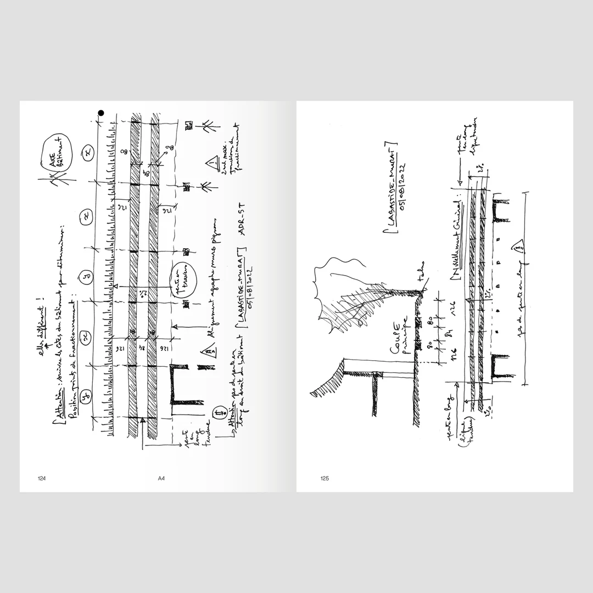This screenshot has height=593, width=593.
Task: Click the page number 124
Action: pyautogui.click(x=41, y=478)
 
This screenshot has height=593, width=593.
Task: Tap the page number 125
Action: pyautogui.click(x=325, y=478)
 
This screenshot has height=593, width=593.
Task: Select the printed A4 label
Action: pyautogui.click(x=161, y=478)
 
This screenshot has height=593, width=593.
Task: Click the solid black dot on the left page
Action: pyautogui.click(x=101, y=114)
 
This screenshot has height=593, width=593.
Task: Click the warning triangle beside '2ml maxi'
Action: pyautogui.click(x=211, y=163)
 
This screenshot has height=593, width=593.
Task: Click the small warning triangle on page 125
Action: pyautogui.click(x=519, y=248)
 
